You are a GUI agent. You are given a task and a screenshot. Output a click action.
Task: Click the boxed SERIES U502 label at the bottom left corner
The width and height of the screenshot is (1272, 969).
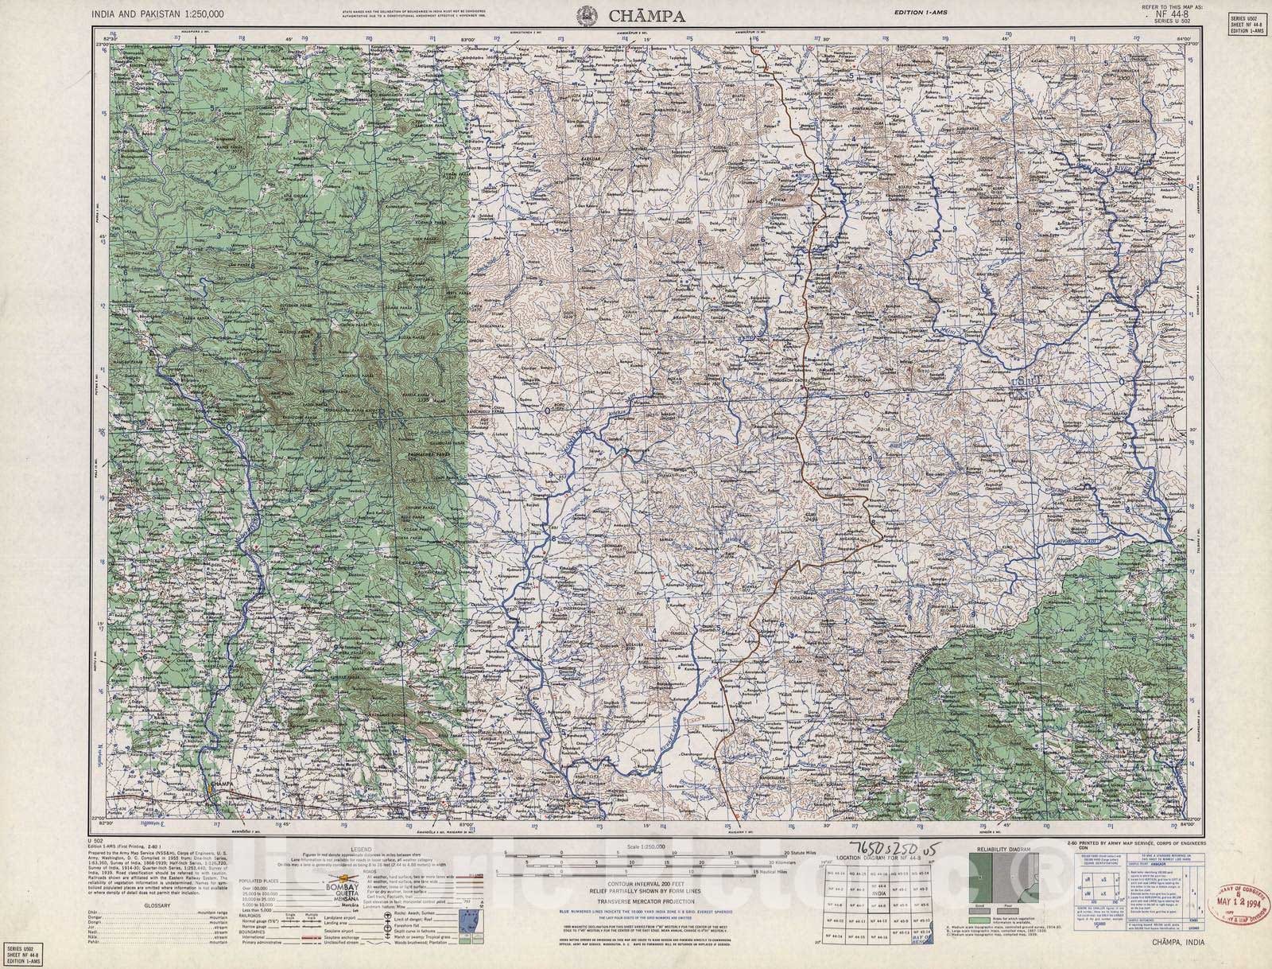point(25,950)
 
